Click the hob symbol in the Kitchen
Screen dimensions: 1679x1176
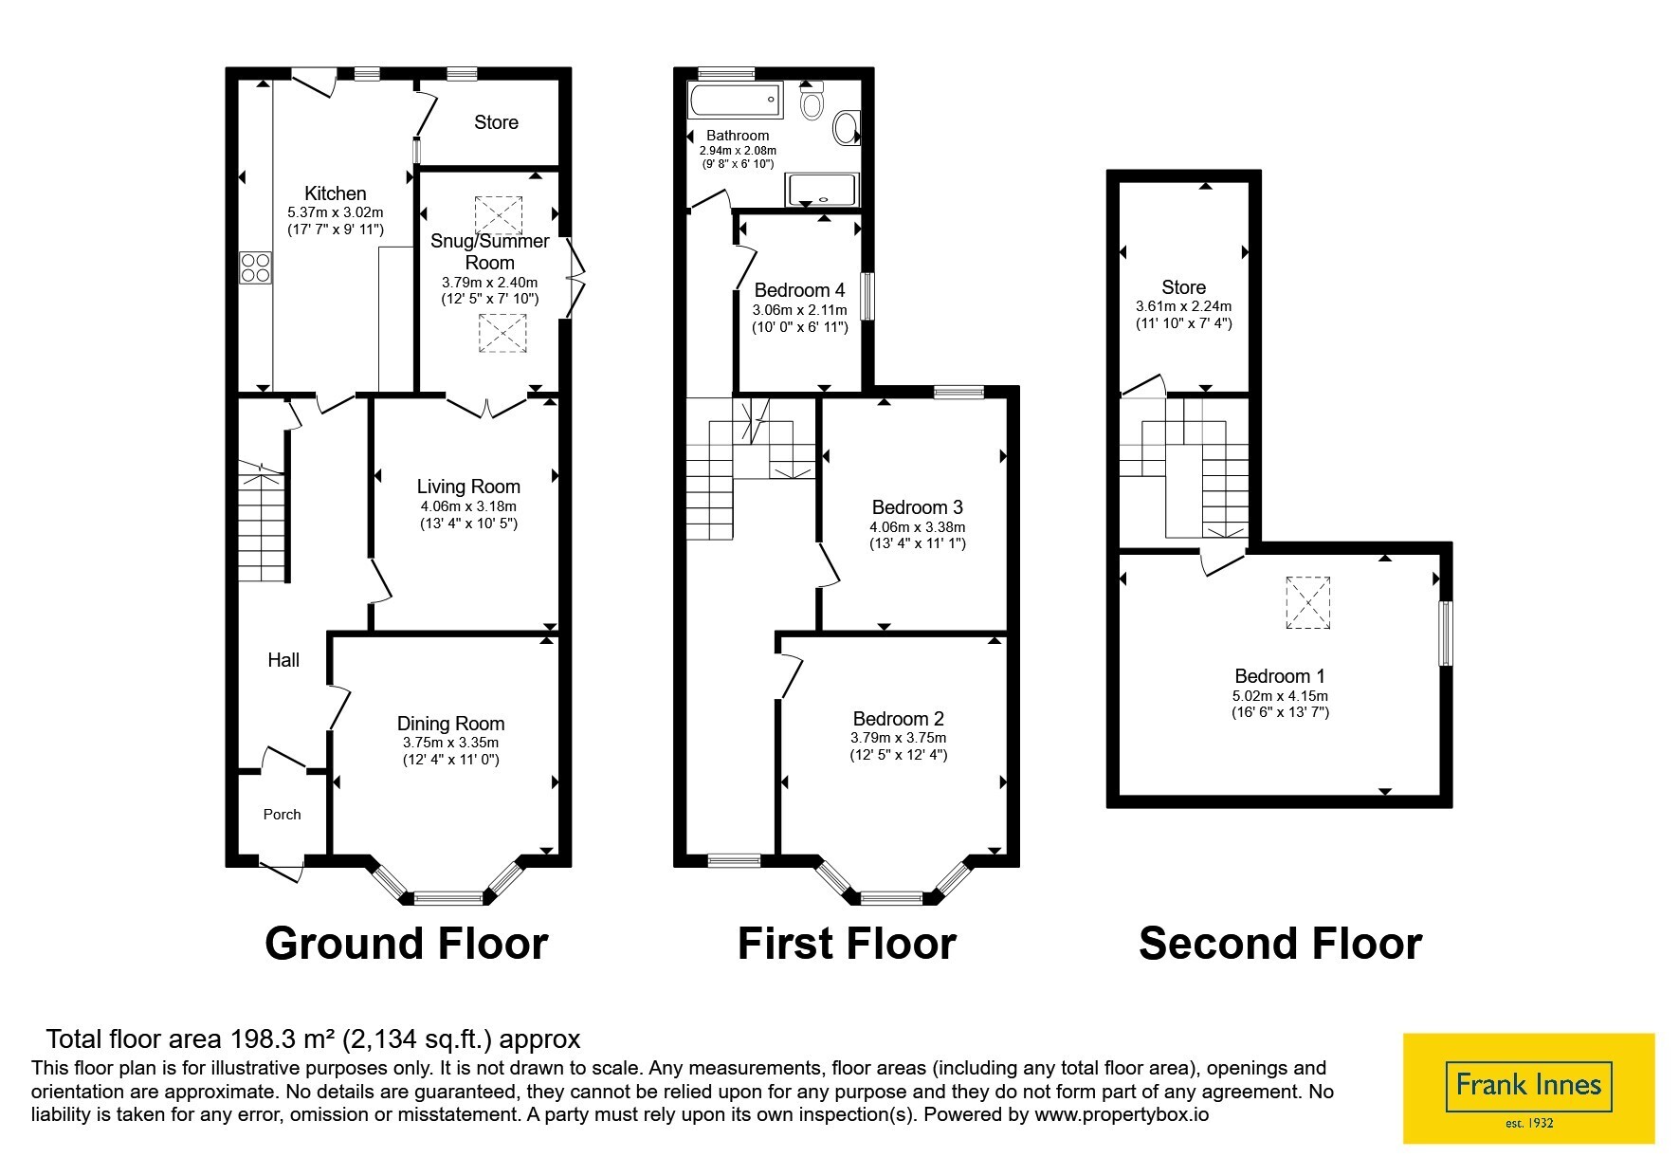[255, 266]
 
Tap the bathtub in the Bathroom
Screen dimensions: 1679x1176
[736, 100]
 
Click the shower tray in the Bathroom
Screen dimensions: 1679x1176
[822, 190]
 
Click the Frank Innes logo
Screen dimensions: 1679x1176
[1528, 1088]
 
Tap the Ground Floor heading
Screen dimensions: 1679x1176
[406, 944]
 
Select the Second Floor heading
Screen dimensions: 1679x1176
[1280, 944]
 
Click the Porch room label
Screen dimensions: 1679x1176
[282, 815]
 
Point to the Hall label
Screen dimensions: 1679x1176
[283, 660]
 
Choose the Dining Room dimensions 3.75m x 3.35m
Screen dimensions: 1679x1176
[450, 743]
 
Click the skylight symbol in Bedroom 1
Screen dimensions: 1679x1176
[1307, 602]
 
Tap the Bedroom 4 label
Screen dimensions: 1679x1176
[799, 290]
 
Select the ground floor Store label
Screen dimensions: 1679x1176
[496, 122]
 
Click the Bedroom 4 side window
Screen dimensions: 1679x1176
[867, 297]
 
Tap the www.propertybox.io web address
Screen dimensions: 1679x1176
[1122, 1114]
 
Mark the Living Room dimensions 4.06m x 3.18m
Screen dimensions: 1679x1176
[468, 506]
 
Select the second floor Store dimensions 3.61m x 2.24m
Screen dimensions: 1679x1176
[1183, 306]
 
